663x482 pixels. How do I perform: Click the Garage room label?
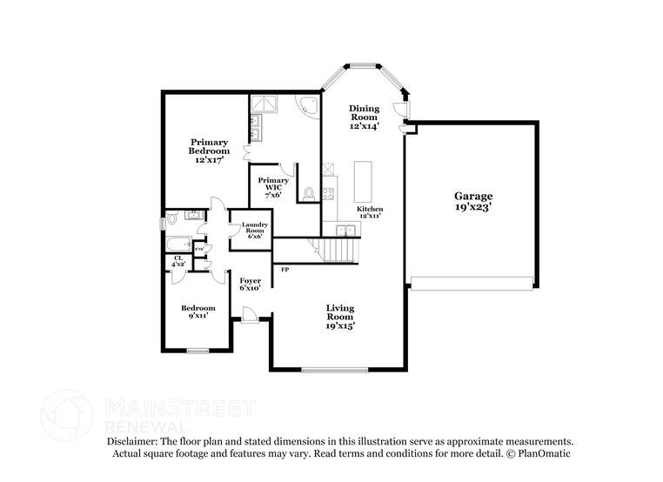coord(473,202)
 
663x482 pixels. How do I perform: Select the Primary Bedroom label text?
coord(210,151)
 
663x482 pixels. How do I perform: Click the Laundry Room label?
coord(255,230)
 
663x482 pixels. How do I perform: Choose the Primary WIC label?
coord(273,186)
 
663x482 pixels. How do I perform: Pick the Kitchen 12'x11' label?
coord(370,213)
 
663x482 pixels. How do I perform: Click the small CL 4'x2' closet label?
coord(177,261)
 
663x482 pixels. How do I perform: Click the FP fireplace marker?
coord(285,270)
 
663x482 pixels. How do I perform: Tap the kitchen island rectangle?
coord(361,180)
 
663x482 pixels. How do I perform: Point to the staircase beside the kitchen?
coord(339,251)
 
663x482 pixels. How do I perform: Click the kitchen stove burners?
coord(328,193)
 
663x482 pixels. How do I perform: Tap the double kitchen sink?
coord(347,230)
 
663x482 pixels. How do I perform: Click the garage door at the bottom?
coord(472,283)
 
